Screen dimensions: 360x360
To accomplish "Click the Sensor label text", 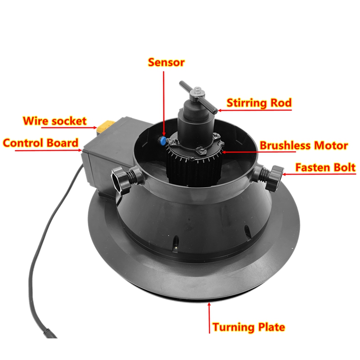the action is [166, 62].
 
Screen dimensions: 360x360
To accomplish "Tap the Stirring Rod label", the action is [259, 103].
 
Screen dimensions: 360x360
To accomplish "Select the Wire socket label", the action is [54, 121].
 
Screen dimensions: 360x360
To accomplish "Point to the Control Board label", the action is [40, 143].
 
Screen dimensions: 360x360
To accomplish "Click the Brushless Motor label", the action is [303, 145].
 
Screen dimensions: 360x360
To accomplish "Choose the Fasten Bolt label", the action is [325, 167].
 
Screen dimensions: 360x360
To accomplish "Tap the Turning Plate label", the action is [249, 327].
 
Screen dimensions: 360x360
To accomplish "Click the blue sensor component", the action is [162, 140].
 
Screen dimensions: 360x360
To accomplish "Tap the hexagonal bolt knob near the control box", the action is [121, 181].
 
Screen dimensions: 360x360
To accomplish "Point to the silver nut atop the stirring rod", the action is [198, 91].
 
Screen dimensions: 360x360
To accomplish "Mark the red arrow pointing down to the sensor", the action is [164, 103].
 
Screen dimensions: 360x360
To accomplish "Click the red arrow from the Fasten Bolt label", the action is [319, 174].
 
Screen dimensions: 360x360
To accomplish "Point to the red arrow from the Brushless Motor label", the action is [258, 152].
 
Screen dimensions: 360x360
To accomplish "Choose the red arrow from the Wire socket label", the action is [69, 127].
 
